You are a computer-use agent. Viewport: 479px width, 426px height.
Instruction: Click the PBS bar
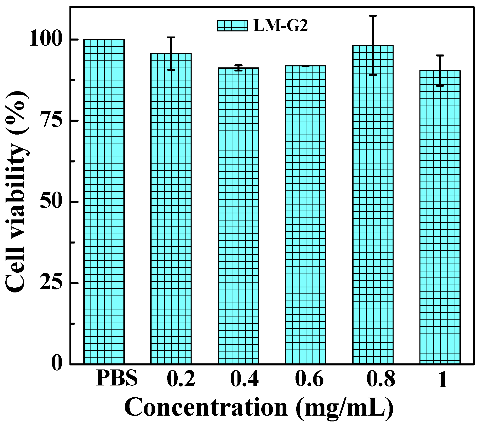click(x=104, y=201)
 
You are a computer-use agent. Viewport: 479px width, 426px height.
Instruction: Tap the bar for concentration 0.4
click(x=238, y=216)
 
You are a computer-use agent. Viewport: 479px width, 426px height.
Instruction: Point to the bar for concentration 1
click(x=440, y=217)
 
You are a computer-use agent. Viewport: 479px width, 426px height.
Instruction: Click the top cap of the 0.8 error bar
click(x=373, y=16)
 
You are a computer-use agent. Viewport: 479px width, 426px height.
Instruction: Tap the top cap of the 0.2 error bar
click(x=171, y=37)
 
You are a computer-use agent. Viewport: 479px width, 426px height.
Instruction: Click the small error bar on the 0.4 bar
click(x=238, y=68)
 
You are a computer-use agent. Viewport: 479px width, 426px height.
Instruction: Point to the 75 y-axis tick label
click(x=51, y=121)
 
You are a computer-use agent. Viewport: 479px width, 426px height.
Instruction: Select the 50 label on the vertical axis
click(x=51, y=202)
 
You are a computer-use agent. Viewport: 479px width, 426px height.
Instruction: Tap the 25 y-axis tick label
click(x=51, y=283)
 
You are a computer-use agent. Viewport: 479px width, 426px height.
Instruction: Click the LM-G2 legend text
click(x=281, y=26)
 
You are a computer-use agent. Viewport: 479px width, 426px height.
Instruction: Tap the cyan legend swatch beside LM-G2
click(x=232, y=26)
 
